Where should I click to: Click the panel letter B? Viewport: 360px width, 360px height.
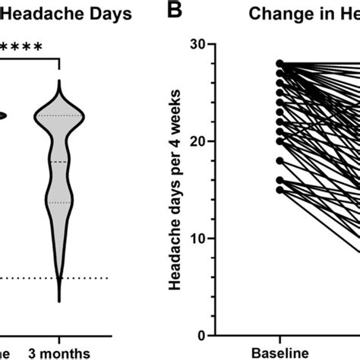(x=175, y=12)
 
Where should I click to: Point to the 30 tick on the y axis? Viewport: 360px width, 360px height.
(x=198, y=44)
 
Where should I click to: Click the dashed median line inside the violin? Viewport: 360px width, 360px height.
(x=60, y=162)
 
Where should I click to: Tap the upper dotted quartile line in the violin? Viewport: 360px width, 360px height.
(x=60, y=115)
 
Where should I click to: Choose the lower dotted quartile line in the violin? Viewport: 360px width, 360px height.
(x=60, y=203)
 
